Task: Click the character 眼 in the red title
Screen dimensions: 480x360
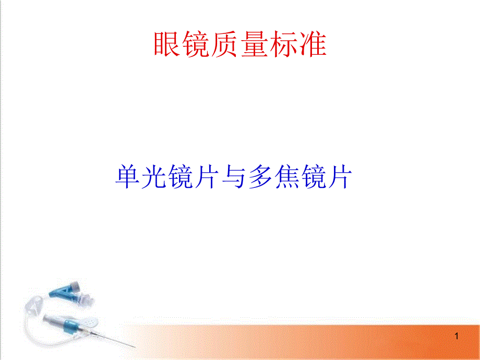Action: [x=166, y=44]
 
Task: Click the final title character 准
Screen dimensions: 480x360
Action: [x=313, y=44]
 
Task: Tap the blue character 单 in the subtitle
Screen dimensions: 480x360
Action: [x=127, y=177]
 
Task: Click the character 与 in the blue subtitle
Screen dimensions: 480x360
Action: [x=234, y=177]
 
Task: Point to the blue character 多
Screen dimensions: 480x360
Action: [x=260, y=177]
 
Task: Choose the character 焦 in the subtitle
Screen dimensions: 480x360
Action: [x=287, y=177]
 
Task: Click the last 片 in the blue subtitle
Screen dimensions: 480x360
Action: [x=340, y=177]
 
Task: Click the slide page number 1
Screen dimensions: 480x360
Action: [x=457, y=336]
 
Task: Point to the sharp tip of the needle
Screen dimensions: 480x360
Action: [x=136, y=347]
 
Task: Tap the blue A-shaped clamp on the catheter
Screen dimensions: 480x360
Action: [x=62, y=290]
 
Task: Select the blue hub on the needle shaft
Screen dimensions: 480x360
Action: [x=71, y=326]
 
